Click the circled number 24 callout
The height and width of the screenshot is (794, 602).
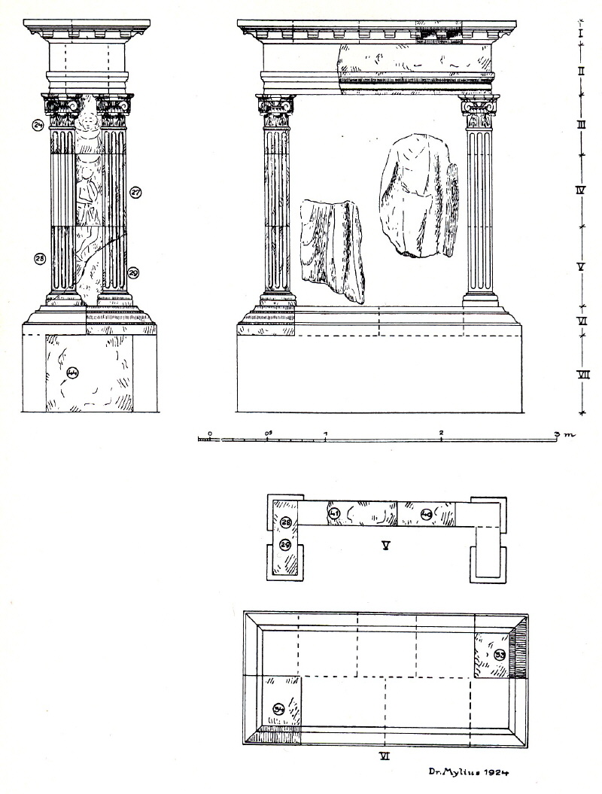coord(37,126)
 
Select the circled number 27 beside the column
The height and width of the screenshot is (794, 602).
coord(135,192)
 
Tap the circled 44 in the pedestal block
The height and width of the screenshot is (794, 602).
coord(73,371)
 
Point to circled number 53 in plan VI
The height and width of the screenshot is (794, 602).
coord(500,655)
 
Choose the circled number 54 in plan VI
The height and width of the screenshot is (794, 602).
coord(278,709)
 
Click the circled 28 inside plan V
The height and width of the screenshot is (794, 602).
coord(286,523)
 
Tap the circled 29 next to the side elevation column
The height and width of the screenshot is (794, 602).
coord(133,272)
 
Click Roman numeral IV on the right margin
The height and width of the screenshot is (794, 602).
coord(581,191)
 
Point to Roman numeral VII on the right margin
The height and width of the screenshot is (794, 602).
coord(581,374)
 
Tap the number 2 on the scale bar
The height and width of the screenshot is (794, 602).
coord(441,433)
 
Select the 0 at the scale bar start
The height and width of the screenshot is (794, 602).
coord(209,433)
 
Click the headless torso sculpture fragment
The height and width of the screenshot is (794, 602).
coord(415,196)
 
